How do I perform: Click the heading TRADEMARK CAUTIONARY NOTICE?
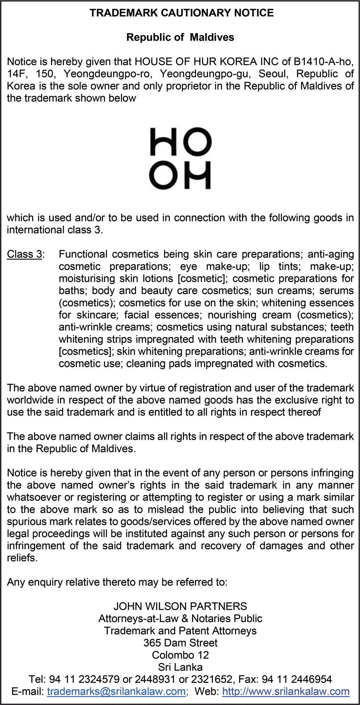(182, 13)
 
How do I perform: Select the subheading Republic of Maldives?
(180, 37)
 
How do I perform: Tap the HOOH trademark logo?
(180, 158)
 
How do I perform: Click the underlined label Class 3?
(25, 254)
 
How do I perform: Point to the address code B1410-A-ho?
(324, 62)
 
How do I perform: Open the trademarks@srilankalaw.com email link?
(116, 691)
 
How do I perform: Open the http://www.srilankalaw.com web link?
(286, 691)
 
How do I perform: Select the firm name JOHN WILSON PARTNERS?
(180, 606)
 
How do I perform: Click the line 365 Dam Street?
(180, 643)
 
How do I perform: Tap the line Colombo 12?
(180, 655)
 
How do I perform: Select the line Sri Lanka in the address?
(180, 667)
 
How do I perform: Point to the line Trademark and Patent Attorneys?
(180, 631)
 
